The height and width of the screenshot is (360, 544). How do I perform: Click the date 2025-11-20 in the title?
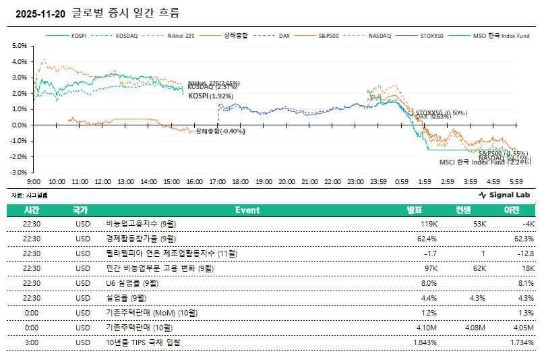pos(40,13)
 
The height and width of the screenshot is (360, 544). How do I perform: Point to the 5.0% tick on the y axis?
pos(19,46)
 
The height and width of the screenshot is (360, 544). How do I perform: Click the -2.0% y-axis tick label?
pos(18,156)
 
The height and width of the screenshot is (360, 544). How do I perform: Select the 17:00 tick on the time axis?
pos(218,182)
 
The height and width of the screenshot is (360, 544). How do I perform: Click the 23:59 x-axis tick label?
pos(378,182)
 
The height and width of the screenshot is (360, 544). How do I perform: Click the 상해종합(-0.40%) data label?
pos(220,131)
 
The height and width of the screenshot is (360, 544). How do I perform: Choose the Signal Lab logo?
pos(506,195)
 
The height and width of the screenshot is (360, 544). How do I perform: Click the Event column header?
pos(247,210)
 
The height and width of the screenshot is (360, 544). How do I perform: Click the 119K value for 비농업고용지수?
pos(429,223)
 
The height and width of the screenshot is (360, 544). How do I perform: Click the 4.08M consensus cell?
pos(475,328)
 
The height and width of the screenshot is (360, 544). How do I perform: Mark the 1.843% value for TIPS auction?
pos(425,342)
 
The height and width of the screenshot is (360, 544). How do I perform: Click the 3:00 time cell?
pos(31,342)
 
